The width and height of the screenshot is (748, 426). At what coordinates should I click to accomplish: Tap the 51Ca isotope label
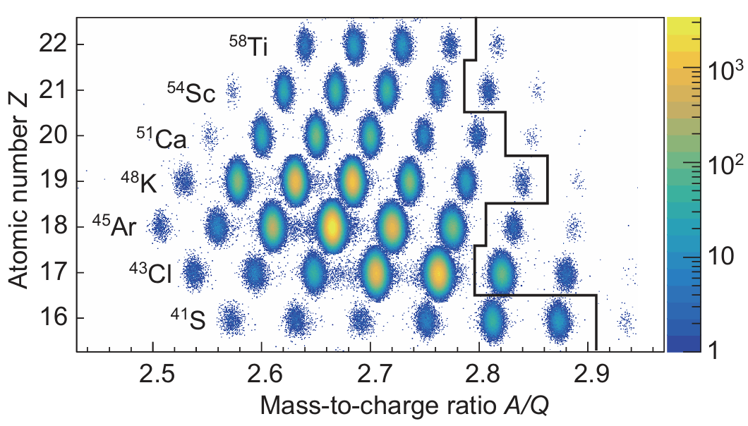point(162,137)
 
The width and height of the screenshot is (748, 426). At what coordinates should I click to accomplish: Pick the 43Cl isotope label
point(150,272)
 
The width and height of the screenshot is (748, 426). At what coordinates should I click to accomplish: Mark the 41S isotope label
point(187,318)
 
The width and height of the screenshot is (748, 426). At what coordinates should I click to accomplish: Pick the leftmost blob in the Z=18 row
point(161,226)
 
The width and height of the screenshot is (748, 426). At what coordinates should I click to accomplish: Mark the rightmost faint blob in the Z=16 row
point(625,323)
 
